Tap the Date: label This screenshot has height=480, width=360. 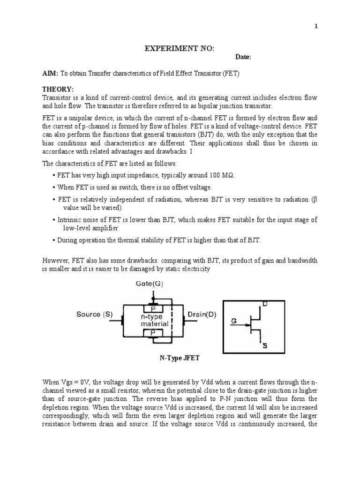tap(243, 57)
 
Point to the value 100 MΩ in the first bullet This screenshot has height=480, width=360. tap(221, 175)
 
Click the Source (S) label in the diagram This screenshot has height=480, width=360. tap(95, 315)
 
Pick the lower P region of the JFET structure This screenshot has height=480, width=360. tap(152, 332)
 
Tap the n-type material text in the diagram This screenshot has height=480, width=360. tap(151, 320)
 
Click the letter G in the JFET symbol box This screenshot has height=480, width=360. tap(234, 322)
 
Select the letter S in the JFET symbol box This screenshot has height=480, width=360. tap(265, 346)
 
